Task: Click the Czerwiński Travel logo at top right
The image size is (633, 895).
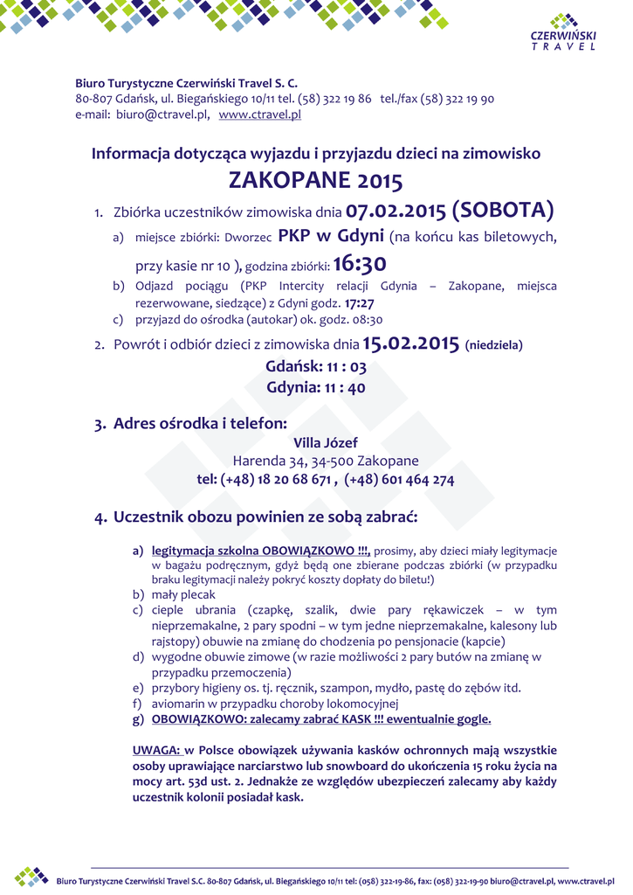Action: pyautogui.click(x=564, y=33)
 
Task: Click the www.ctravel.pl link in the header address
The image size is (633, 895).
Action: pyautogui.click(x=259, y=114)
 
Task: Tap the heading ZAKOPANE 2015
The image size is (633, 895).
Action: pyautogui.click(x=315, y=181)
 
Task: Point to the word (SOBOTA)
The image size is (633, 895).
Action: pyautogui.click(x=502, y=211)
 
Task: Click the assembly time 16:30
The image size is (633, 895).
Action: pyautogui.click(x=360, y=264)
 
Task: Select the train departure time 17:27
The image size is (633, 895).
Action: pyautogui.click(x=360, y=302)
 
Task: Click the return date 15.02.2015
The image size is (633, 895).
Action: pyautogui.click(x=410, y=343)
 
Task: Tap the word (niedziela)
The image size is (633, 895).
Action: pyautogui.click(x=494, y=345)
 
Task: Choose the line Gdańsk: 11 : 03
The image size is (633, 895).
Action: pyautogui.click(x=315, y=368)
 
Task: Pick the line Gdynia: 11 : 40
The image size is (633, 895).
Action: pyautogui.click(x=315, y=387)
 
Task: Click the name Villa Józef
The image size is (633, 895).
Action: pyautogui.click(x=326, y=443)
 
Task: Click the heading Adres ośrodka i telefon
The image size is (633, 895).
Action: pyautogui.click(x=200, y=424)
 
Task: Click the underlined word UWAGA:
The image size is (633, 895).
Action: pyautogui.click(x=156, y=750)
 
